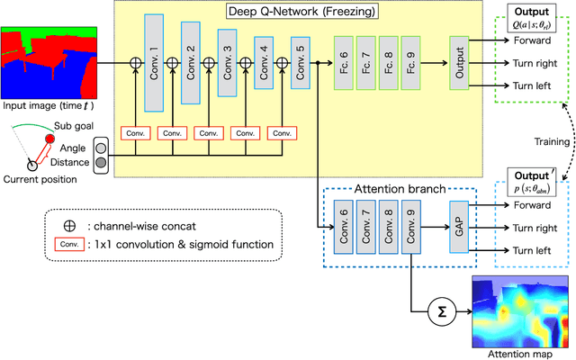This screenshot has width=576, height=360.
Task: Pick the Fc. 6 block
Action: point(342,62)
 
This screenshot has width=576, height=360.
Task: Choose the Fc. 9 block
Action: point(409,62)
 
